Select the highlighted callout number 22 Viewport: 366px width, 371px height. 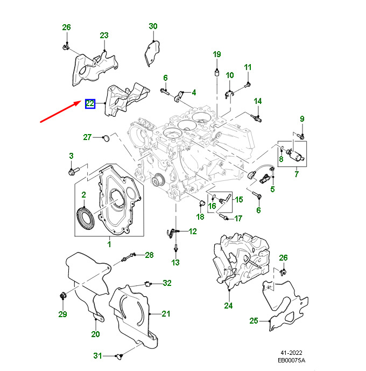90,103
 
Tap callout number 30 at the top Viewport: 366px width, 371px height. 153,26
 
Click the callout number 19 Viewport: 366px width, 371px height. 217,54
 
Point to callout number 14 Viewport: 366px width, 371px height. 258,101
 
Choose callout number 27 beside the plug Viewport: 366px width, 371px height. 87,137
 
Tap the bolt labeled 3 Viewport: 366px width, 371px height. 73,172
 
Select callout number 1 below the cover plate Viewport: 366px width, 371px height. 109,244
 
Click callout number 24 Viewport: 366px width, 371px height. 228,306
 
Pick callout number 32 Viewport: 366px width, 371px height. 167,283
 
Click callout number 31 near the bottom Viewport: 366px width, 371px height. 97,355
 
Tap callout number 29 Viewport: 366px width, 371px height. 62,314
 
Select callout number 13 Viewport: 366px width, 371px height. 175,262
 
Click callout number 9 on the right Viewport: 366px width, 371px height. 302,119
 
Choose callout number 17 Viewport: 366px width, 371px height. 238,218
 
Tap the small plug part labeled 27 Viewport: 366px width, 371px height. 105,138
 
